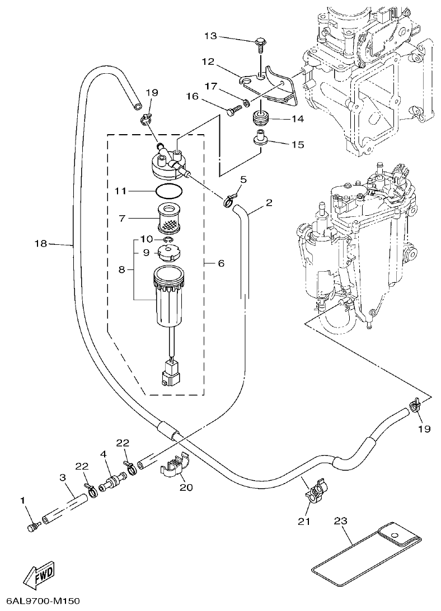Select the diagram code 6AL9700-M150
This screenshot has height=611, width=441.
click(x=43, y=601)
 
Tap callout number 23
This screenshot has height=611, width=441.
click(x=340, y=520)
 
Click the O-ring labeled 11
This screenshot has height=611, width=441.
click(x=168, y=191)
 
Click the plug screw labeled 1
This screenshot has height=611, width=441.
click(x=33, y=527)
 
